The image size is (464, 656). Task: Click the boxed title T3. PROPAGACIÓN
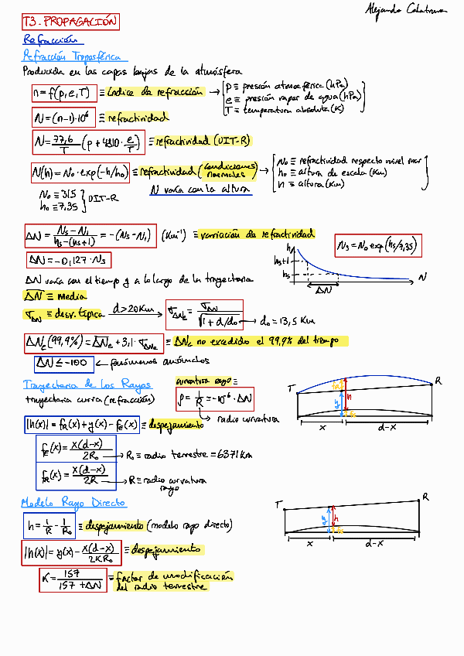coord(70,22)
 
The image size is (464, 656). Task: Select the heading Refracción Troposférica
coord(75,56)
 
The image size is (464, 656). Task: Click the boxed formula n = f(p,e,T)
coord(62,94)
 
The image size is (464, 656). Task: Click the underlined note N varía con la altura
coord(200,189)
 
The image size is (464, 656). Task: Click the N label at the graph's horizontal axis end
coord(422,276)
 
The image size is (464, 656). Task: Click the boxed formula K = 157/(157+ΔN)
coord(73,579)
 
